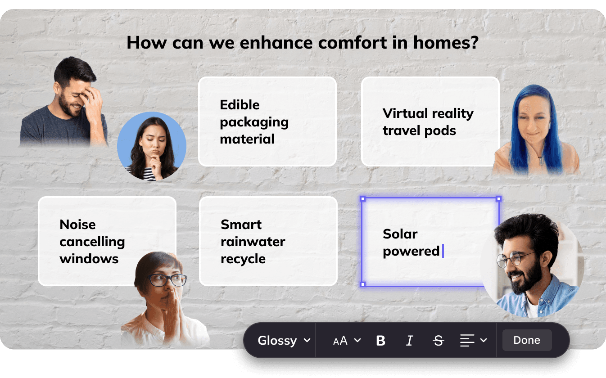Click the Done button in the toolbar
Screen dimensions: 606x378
[527, 340]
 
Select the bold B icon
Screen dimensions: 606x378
[380, 341]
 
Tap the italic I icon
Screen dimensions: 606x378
[410, 341]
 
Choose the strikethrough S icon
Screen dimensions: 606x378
[438, 341]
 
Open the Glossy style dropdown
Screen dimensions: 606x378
[284, 340]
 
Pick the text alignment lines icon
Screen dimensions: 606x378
[467, 340]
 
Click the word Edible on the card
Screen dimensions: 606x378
[240, 105]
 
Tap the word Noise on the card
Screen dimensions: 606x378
[77, 225]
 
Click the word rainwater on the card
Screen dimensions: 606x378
[253, 242]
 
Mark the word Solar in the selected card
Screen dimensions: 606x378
[400, 234]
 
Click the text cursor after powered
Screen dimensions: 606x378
[443, 251]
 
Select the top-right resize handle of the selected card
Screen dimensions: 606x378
[499, 199]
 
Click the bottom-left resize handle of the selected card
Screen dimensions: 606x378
[363, 284]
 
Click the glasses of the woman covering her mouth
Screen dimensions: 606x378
[168, 280]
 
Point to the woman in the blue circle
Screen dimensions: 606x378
[152, 146]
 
